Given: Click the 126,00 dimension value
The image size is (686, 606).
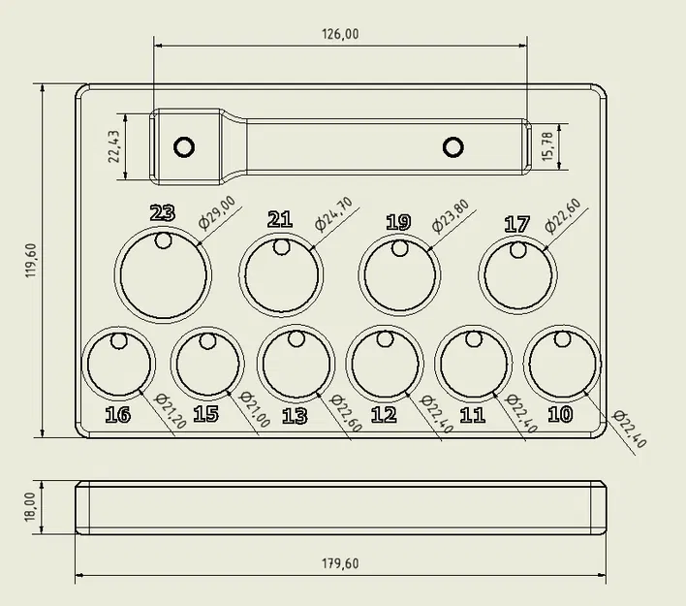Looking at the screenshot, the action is coord(340,34).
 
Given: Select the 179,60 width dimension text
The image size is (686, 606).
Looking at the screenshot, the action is coord(340,563).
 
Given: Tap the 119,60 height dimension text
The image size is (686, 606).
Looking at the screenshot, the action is coord(32,260).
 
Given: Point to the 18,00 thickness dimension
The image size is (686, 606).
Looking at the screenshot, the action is coord(30,507).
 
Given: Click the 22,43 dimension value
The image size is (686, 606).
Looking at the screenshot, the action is coord(113,146).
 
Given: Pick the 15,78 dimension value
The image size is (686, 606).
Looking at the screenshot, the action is coord(547,146).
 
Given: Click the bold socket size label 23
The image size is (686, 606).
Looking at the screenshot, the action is coord(163,213).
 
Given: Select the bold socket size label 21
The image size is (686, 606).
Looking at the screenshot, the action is coord(280,219).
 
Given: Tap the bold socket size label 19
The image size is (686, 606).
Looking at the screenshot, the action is coord(398,222).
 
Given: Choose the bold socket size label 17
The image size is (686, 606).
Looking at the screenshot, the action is coord(517,224).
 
